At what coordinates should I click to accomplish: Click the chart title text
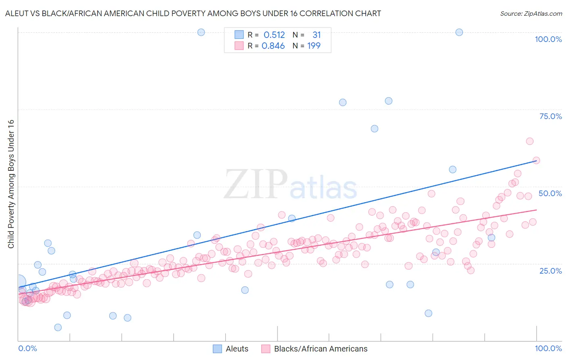(x=193, y=13)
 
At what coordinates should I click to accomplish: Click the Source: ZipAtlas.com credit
(x=531, y=13)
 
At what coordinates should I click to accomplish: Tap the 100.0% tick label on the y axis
(x=548, y=39)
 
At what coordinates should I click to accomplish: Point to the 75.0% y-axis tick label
(x=550, y=116)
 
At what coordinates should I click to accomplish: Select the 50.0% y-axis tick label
(x=550, y=193)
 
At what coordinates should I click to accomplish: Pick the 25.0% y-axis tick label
(x=550, y=270)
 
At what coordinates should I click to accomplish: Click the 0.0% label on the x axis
(x=27, y=348)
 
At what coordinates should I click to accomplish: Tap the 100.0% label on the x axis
(x=548, y=348)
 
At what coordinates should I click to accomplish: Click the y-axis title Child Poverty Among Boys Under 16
(x=11, y=184)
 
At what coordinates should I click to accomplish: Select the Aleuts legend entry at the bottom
(x=237, y=349)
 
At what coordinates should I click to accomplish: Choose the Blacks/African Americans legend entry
(x=321, y=349)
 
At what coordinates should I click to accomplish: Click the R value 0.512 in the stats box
(x=274, y=35)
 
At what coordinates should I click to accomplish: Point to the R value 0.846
(x=273, y=46)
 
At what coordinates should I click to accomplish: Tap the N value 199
(x=314, y=46)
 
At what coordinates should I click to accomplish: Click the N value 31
(x=317, y=35)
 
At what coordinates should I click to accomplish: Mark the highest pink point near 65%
(x=529, y=141)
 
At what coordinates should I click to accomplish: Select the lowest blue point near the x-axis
(x=58, y=327)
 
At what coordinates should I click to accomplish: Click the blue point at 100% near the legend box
(x=201, y=32)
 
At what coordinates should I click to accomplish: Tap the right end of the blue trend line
(x=536, y=160)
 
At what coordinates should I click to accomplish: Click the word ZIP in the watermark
(x=255, y=184)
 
